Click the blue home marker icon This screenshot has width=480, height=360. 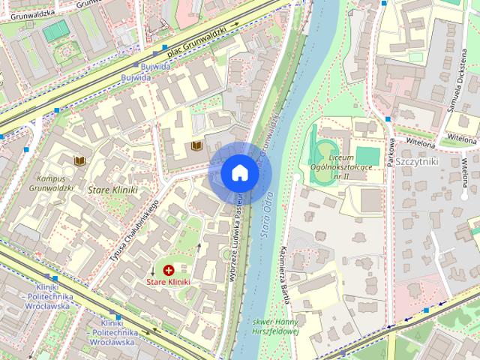[240, 172]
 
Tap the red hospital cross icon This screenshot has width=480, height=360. [168, 269]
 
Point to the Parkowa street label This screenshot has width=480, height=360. [391, 151]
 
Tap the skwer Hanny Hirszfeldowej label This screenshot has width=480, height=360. [272, 325]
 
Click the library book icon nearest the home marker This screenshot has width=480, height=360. [197, 145]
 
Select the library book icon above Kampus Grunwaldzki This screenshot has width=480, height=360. [79, 160]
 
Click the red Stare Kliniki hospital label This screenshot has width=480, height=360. [168, 282]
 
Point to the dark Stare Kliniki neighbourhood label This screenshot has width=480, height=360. [113, 190]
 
